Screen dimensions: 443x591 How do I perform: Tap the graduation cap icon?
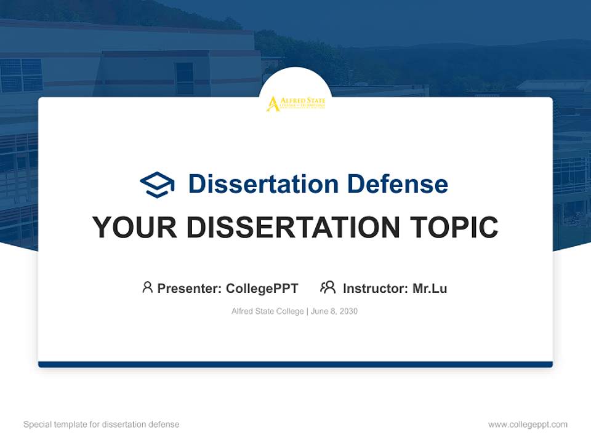coord(157,184)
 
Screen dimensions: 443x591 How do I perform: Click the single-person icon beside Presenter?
coord(147,287)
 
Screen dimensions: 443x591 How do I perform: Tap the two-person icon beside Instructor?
coord(328,287)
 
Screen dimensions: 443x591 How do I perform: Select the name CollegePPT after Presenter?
coord(262,288)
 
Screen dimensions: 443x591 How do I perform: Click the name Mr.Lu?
coord(430,288)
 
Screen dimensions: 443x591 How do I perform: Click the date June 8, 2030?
coord(334,311)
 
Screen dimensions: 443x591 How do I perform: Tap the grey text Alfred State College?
coord(268,311)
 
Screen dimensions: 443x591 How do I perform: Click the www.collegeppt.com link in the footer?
coord(528,425)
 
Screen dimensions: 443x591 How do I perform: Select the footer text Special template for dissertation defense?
coord(102,425)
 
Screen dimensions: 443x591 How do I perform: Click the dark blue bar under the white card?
coord(295,364)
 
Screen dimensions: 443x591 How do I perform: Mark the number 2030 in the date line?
coord(347,311)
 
